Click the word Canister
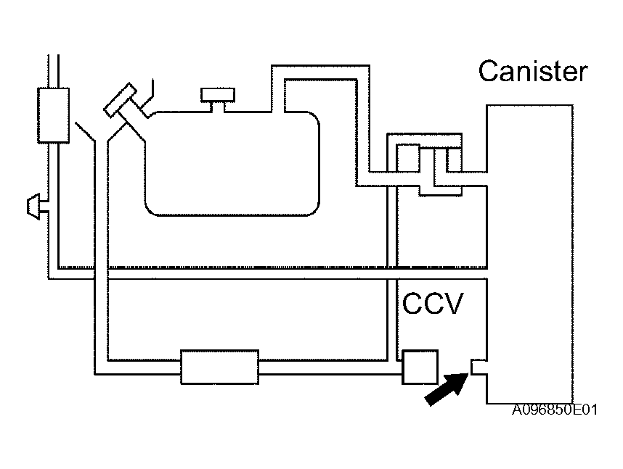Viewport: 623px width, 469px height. tap(533, 72)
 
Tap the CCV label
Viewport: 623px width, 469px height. tap(433, 304)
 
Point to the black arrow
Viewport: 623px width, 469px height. tap(447, 389)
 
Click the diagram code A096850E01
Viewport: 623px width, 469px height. tap(555, 410)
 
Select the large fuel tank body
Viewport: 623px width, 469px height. tap(232, 164)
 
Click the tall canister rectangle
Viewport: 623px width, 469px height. tap(529, 254)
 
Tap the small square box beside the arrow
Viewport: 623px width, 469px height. tap(420, 367)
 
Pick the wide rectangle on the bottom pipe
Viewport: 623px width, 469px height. tap(220, 367)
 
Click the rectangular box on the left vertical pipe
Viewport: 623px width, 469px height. tap(53, 115)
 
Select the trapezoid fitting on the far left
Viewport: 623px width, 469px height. tap(33, 207)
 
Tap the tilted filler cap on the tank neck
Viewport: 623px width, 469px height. tap(120, 100)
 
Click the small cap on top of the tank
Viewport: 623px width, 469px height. tap(218, 95)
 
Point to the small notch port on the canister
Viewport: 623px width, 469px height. tap(479, 367)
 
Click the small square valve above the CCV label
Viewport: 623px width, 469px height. tap(408, 158)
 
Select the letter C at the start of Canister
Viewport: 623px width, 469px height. tap(487, 72)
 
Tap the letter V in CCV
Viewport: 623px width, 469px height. tap(454, 304)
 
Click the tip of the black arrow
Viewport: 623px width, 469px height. tap(468, 373)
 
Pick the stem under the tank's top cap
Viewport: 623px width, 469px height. tap(218, 107)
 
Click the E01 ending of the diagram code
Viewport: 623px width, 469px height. tap(584, 410)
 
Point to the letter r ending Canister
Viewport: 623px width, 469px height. tap(583, 74)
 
